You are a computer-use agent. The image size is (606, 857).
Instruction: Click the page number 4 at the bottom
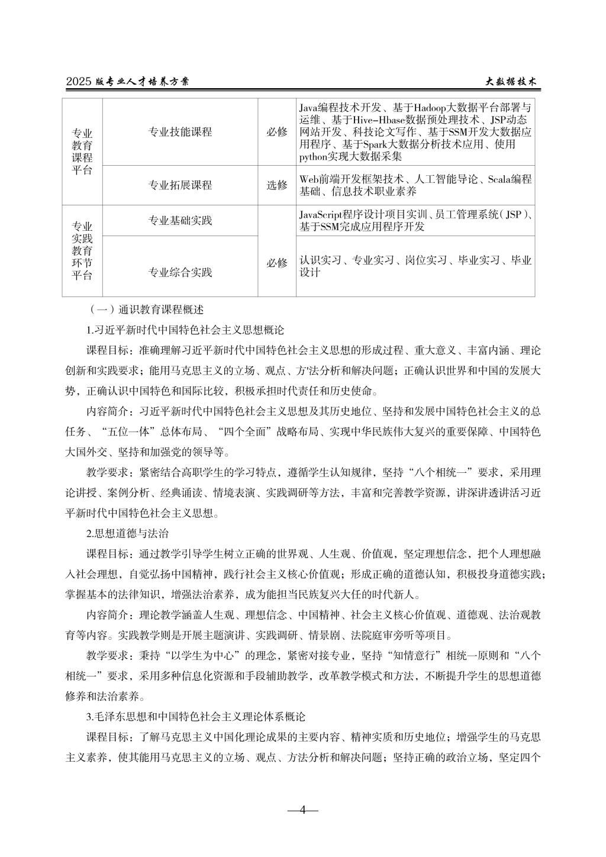(x=302, y=810)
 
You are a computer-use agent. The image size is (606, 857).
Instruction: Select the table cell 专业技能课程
(x=180, y=132)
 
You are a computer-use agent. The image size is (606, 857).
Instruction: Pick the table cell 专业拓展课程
(x=180, y=185)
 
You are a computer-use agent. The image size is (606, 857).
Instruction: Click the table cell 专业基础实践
(x=180, y=221)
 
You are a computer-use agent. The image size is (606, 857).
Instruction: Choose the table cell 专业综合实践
(x=180, y=272)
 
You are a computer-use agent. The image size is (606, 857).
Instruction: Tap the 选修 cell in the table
(x=276, y=185)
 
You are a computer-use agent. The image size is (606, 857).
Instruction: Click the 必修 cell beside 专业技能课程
(x=276, y=132)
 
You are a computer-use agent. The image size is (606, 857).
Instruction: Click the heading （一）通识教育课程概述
(x=145, y=309)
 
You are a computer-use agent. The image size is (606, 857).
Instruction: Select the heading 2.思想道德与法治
(x=127, y=533)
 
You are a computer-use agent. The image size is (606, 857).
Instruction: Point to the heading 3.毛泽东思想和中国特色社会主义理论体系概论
(x=195, y=717)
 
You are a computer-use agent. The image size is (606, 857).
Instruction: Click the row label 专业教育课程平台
(x=82, y=152)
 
